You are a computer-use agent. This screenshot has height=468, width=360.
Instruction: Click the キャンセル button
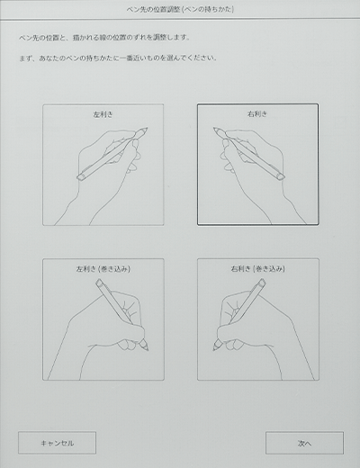pyautogui.click(x=57, y=443)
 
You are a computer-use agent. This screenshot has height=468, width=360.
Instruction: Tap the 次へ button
pyautogui.click(x=304, y=443)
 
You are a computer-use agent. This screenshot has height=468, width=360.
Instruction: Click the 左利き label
pyautogui.click(x=103, y=114)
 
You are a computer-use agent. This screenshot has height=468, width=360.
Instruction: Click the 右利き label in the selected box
pyautogui.click(x=257, y=114)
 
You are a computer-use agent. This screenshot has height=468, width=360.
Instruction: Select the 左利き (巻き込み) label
pyautogui.click(x=103, y=269)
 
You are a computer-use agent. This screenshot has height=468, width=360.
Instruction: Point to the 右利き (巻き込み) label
pyautogui.click(x=257, y=269)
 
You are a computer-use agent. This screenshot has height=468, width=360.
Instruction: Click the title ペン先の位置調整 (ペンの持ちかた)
pyautogui.click(x=180, y=9)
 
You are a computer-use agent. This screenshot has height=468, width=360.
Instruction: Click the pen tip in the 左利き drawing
pyautogui.click(x=147, y=128)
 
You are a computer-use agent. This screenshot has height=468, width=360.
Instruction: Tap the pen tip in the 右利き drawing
pyautogui.click(x=214, y=128)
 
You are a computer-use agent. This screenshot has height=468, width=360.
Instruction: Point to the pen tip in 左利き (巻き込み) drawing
pyautogui.click(x=148, y=350)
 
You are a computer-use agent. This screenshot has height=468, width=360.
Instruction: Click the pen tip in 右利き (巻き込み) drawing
pyautogui.click(x=213, y=350)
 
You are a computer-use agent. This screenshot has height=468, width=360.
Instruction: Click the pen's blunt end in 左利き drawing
pyautogui.click(x=80, y=177)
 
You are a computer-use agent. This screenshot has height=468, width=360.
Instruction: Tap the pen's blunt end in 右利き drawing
pyautogui.click(x=281, y=177)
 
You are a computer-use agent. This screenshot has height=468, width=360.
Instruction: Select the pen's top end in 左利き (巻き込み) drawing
pyautogui.click(x=99, y=283)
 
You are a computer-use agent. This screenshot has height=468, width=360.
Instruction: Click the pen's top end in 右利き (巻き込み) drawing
pyautogui.click(x=262, y=283)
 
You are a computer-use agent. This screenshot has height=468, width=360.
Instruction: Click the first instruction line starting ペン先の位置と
pyautogui.click(x=104, y=38)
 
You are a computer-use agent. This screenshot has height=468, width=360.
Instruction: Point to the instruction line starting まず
pyautogui.click(x=118, y=58)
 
